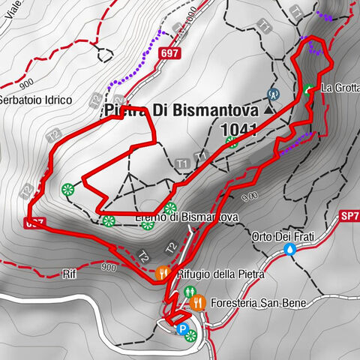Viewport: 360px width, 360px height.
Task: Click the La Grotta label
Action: click(339, 88)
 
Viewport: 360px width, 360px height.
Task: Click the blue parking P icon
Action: click(181, 327)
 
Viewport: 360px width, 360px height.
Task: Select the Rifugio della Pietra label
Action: click(220, 274)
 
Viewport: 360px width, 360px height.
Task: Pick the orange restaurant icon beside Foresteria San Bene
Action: click(196, 303)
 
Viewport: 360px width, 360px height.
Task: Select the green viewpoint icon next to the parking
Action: click(191, 335)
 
